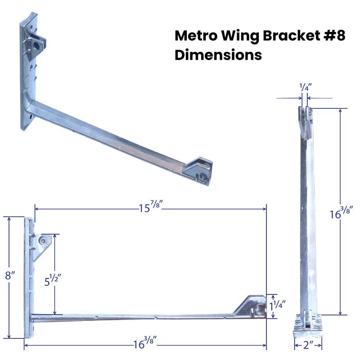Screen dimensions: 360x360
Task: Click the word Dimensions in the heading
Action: (218, 55)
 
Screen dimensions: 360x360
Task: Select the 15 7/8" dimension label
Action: (150, 208)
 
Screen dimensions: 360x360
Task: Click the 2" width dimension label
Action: (309, 345)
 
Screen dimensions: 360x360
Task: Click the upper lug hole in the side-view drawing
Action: (43, 241)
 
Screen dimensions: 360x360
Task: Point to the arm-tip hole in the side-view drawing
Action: (258, 310)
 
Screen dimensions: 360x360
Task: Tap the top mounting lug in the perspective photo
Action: (36, 44)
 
